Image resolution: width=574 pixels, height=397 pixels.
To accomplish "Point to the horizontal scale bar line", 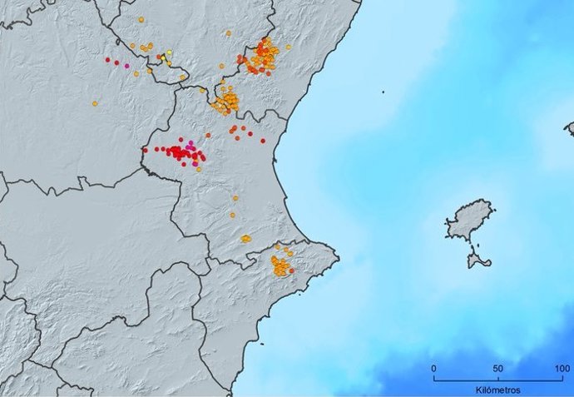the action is [x=498, y=379].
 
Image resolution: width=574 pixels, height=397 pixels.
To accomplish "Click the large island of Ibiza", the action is [x=470, y=220].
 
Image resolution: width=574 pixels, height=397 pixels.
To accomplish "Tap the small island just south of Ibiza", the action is [x=478, y=261].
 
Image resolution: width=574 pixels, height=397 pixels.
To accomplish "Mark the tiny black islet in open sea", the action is [x=383, y=92].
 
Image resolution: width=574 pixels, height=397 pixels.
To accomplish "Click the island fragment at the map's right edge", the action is [x=570, y=129].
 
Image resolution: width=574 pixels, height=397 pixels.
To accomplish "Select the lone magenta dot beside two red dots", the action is [x=126, y=65].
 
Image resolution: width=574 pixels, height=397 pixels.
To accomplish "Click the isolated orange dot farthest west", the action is [x=95, y=103].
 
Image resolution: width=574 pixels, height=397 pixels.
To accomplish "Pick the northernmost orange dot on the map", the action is [x=141, y=19].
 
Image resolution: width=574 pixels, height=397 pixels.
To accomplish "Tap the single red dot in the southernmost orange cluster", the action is [x=291, y=270].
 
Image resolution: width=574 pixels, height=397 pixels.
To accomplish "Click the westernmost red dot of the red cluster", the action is [x=145, y=151].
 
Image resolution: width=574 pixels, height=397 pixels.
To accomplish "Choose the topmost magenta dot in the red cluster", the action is [x=191, y=144].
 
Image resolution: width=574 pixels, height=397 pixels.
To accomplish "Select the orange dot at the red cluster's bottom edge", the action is [x=199, y=169].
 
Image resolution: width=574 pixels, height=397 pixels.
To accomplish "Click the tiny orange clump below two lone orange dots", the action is [x=245, y=239].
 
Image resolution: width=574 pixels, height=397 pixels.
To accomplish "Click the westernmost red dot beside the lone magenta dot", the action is [x=108, y=59].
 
